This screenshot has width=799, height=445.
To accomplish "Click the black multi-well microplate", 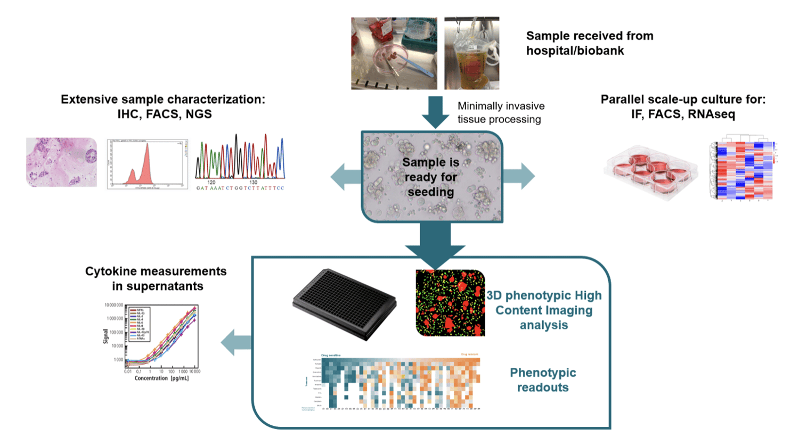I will pyautogui.click(x=345, y=304).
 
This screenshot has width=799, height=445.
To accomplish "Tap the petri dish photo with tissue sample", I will pyautogui.click(x=394, y=53).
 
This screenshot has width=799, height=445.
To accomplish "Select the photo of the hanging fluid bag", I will pyautogui.click(x=471, y=53).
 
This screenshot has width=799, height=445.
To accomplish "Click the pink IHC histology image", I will pyautogui.click(x=61, y=162).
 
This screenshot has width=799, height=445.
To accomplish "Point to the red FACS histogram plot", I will pyautogui.click(x=148, y=164).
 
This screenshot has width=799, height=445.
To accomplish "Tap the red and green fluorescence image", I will pyautogui.click(x=450, y=303).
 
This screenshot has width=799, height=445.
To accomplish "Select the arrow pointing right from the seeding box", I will pyautogui.click(x=519, y=176).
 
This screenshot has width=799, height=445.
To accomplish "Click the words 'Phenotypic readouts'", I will pyautogui.click(x=543, y=380).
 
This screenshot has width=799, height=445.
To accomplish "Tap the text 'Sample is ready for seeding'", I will pyautogui.click(x=430, y=177).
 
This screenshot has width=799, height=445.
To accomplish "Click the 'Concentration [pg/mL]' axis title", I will pyautogui.click(x=161, y=378).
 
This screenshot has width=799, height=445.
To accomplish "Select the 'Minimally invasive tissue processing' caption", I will pyautogui.click(x=500, y=112).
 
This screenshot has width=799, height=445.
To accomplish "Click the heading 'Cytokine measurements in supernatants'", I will pyautogui.click(x=156, y=278).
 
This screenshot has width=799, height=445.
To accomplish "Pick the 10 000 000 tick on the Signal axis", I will pyautogui.click(x=113, y=306).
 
